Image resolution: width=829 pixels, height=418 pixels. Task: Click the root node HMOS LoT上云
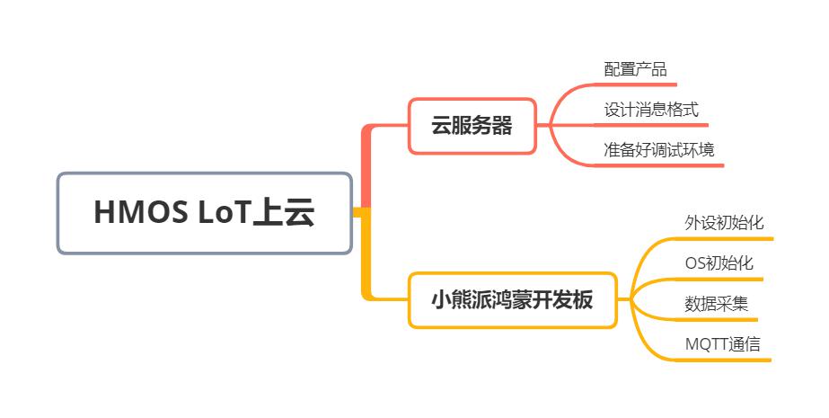point(205,213)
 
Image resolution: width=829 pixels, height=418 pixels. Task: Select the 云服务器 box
point(472,126)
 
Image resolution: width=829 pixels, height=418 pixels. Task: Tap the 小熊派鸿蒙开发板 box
point(512,300)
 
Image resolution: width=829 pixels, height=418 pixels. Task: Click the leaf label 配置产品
point(635,69)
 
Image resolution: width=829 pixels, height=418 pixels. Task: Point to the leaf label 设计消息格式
point(651,110)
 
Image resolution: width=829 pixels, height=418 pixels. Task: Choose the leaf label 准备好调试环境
point(658,150)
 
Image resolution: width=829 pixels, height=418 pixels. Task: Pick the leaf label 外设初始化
point(724,223)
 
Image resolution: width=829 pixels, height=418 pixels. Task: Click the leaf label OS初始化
point(719,263)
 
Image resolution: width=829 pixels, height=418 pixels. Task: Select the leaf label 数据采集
point(717,304)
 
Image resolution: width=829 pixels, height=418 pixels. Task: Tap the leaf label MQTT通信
point(723,344)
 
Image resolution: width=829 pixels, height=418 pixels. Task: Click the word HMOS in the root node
point(141,213)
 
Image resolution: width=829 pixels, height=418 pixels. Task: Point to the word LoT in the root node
point(224,213)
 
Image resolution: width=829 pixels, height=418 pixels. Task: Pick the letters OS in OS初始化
point(695,263)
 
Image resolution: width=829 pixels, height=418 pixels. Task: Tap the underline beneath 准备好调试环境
point(659,165)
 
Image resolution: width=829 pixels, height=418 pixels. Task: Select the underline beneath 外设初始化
point(725,238)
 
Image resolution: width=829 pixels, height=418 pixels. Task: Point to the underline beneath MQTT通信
point(723,360)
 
